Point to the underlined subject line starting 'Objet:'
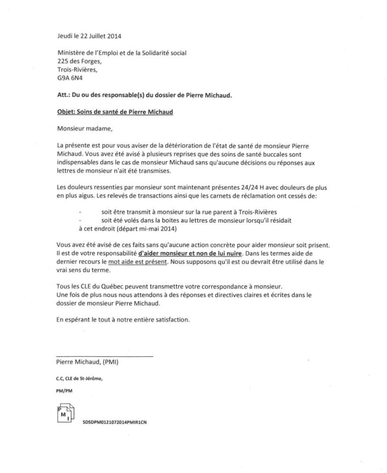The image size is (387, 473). pos(114,112)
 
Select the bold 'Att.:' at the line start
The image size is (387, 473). pos(63,95)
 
